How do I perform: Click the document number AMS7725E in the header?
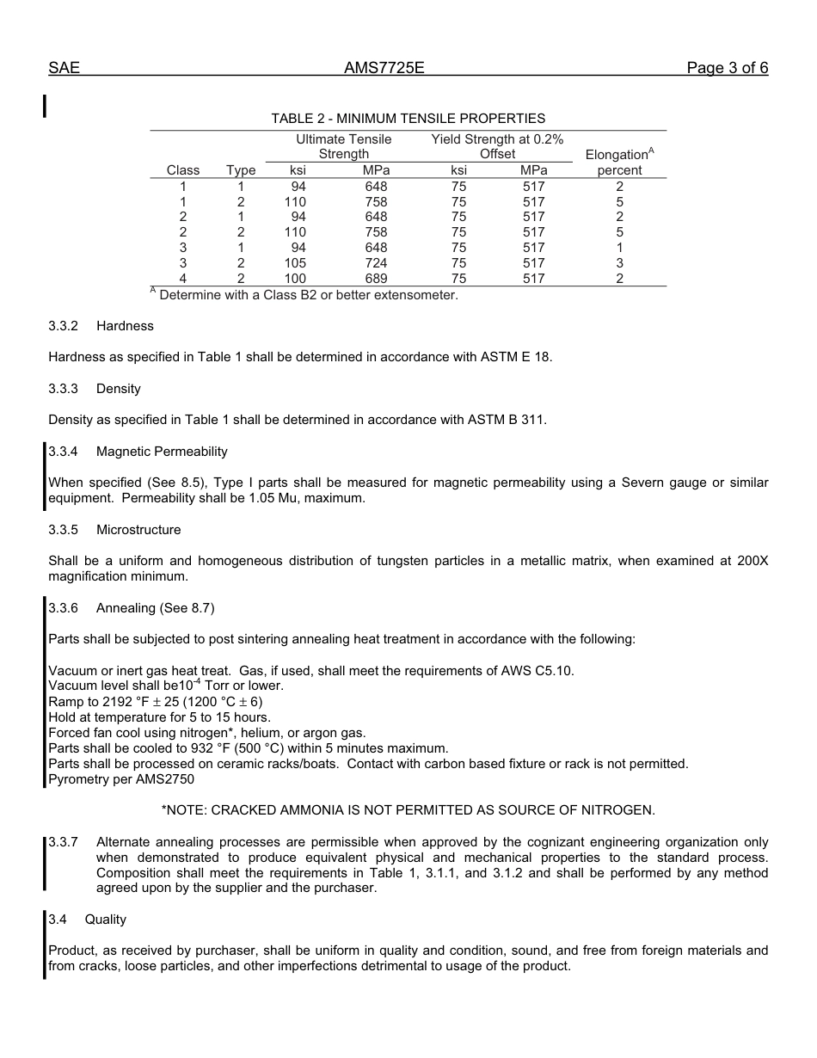click(x=384, y=68)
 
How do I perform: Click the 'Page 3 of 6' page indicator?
click(x=727, y=68)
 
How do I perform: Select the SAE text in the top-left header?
click(x=64, y=68)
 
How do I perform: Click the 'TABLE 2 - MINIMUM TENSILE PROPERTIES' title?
click(x=408, y=119)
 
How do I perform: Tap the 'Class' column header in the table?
click(x=183, y=170)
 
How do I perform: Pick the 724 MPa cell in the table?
click(x=376, y=263)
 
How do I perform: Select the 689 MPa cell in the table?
click(x=376, y=279)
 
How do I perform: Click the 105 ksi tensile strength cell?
click(x=295, y=263)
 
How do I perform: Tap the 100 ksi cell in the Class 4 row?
click(x=295, y=279)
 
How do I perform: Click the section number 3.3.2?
click(x=64, y=326)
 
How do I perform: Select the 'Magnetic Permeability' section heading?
click(x=162, y=452)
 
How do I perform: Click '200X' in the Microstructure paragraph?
click(x=752, y=561)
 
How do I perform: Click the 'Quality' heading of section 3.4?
click(x=105, y=920)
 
